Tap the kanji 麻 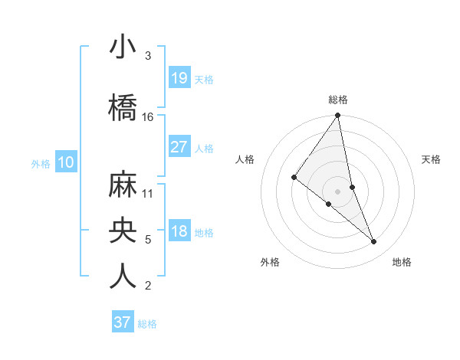tap(123, 184)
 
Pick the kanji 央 tap(123, 230)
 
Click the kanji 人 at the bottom tap(123, 276)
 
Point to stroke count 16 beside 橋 tap(148, 117)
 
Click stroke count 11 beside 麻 tap(148, 193)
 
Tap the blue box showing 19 tap(179, 77)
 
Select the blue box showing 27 tap(179, 146)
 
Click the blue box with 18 tap(179, 231)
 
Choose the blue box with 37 tap(123, 322)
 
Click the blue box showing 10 tap(65, 162)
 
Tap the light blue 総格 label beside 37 tap(147, 324)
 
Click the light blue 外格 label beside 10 tap(41, 163)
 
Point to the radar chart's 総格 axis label tap(338, 100)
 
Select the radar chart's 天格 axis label tap(432, 159)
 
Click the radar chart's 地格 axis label tap(402, 263)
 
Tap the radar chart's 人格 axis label tap(245, 159)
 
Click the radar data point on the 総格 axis tap(338, 116)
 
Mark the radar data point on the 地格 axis tap(374, 242)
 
